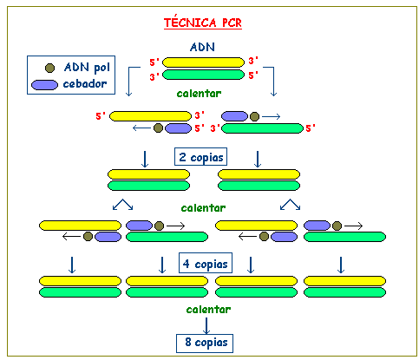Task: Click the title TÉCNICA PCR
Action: [x=203, y=23]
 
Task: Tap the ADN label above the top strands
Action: [x=202, y=47]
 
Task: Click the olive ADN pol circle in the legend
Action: [x=49, y=68]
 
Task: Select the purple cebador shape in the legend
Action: [x=44, y=85]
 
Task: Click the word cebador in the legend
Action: [x=85, y=84]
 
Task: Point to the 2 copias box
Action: [x=200, y=157]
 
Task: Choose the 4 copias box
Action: [x=206, y=263]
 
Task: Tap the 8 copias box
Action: [x=205, y=344]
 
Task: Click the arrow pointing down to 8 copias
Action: [x=206, y=325]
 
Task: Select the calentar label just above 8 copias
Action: [x=208, y=310]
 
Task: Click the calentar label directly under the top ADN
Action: [x=199, y=94]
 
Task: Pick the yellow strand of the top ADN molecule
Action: [x=203, y=62]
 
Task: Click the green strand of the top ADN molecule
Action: [x=203, y=75]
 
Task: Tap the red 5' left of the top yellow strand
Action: [x=154, y=62]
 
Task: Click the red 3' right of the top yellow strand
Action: [x=253, y=61]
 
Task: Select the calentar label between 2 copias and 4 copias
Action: [x=203, y=208]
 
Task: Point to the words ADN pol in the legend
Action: [x=87, y=68]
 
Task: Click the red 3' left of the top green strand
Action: [x=154, y=77]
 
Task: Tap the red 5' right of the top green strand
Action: [x=253, y=75]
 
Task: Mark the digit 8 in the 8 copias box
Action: [x=188, y=342]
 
